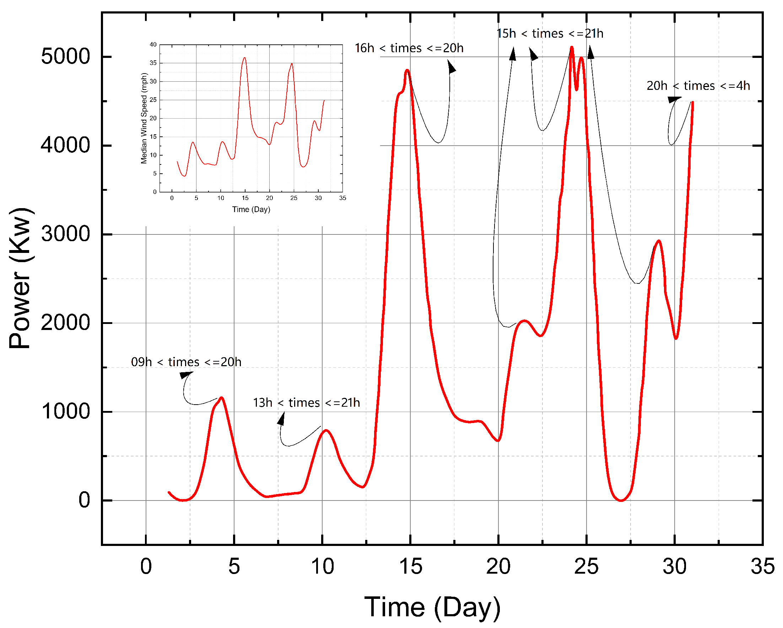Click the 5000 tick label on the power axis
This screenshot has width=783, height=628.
[65, 57]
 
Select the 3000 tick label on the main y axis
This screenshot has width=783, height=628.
[65, 234]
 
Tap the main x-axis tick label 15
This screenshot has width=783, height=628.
[410, 567]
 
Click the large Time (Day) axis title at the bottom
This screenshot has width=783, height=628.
[432, 607]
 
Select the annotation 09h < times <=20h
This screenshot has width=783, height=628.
[186, 362]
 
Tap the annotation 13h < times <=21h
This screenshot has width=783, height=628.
[306, 403]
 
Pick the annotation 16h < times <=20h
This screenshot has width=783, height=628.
[409, 48]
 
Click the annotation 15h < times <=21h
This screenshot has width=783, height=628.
[550, 34]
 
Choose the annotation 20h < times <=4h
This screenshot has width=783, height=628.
[698, 86]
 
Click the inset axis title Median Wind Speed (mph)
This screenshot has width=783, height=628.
[144, 118]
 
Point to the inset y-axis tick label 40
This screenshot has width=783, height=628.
[153, 45]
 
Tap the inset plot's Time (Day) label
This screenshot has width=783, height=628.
[251, 210]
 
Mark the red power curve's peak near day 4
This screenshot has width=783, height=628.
[222, 398]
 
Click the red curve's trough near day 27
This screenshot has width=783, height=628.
[621, 500]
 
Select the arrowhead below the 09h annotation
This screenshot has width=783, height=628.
[185, 375]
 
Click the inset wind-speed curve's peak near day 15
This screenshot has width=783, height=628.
[245, 58]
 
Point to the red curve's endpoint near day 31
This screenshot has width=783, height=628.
[692, 103]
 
